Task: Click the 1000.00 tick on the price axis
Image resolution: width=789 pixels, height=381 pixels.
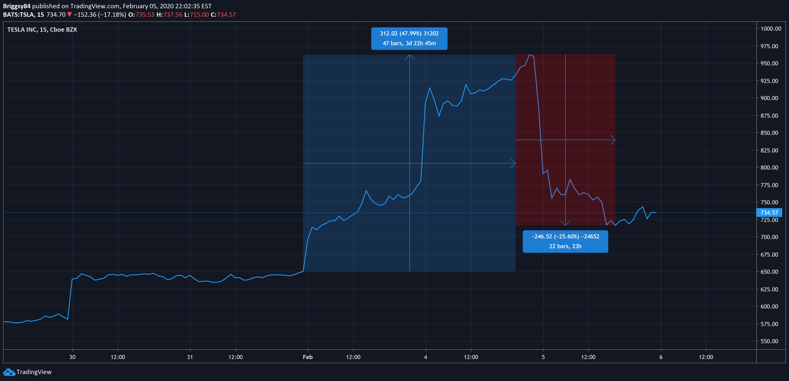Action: click(x=771, y=28)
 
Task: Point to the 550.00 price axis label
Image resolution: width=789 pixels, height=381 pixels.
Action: click(x=769, y=341)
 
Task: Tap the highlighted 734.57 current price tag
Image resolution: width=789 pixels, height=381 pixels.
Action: click(x=769, y=212)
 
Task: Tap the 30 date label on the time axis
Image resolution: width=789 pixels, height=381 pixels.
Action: click(x=72, y=357)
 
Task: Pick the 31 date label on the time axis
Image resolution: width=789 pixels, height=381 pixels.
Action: click(x=190, y=357)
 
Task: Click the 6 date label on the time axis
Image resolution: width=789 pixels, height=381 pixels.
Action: click(x=661, y=357)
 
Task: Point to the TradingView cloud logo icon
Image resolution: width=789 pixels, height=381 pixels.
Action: click(x=9, y=372)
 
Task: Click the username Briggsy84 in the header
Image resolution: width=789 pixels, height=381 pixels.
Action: click(x=17, y=6)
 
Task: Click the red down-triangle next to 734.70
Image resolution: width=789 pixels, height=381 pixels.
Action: click(x=69, y=14)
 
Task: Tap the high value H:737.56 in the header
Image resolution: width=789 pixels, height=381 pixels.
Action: click(x=169, y=15)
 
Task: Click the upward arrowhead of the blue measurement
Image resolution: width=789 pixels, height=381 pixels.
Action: click(x=409, y=55)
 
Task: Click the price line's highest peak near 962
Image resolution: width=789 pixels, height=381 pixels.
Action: click(x=529, y=55)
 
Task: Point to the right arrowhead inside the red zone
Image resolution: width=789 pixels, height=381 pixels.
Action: click(x=615, y=140)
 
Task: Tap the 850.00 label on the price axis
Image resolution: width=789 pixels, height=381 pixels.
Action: click(x=769, y=133)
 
